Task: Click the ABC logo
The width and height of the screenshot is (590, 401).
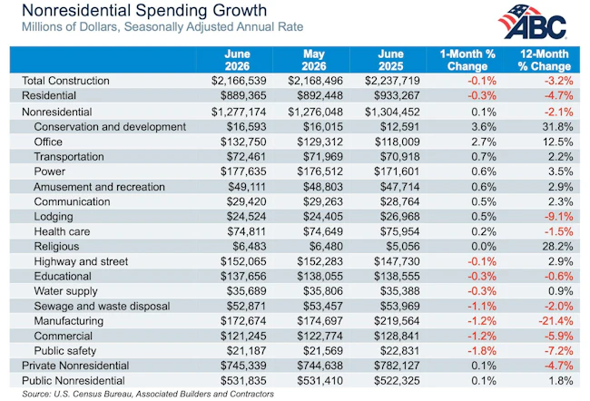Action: click(533, 22)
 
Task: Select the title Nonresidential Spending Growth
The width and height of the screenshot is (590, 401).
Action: click(144, 10)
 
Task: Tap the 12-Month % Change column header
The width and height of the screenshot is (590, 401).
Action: click(544, 60)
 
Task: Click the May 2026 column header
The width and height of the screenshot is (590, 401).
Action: click(314, 60)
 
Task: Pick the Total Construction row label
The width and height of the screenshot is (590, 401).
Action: click(65, 81)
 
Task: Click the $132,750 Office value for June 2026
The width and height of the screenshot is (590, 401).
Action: click(243, 142)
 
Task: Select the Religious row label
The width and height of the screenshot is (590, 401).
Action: click(56, 247)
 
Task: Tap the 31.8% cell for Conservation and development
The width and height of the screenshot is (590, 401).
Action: click(557, 127)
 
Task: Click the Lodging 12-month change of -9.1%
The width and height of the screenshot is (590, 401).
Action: click(558, 216)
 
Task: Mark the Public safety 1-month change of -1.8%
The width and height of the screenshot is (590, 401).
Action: click(482, 350)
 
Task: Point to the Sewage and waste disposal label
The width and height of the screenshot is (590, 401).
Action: click(102, 306)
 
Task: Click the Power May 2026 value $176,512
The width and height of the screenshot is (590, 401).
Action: click(320, 171)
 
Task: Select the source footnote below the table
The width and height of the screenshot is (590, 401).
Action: click(148, 394)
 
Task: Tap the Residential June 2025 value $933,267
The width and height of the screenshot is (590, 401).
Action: click(397, 95)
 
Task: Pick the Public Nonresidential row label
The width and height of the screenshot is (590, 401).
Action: click(74, 381)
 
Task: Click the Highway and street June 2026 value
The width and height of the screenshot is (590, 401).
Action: click(243, 261)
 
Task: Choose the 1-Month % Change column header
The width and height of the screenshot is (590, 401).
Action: click(467, 60)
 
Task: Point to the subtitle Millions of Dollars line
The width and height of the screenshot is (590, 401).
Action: click(162, 27)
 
